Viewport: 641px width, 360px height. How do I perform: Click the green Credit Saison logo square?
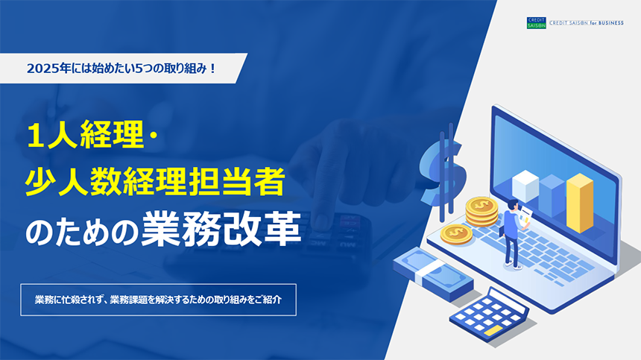pos(537,23)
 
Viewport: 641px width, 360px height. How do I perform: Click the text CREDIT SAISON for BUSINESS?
pos(587,23)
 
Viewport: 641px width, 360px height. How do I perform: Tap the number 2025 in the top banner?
pos(42,69)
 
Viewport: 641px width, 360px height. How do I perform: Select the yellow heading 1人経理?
pos(86,135)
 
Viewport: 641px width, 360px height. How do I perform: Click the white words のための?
pos(83,232)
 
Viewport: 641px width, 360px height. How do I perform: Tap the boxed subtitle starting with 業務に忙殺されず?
pos(158,300)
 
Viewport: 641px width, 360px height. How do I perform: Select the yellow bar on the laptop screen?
pos(580,203)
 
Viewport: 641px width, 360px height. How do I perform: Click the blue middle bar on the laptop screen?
pos(552,195)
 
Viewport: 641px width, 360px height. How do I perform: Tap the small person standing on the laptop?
pos(513,234)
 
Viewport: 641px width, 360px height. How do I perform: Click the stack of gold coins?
pos(481,211)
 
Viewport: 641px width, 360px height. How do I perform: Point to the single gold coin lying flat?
pos(456,235)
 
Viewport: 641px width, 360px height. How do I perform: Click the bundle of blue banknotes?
pos(433,274)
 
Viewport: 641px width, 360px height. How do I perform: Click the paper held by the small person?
pos(525,215)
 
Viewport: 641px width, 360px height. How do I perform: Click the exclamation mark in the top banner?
pos(212,69)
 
